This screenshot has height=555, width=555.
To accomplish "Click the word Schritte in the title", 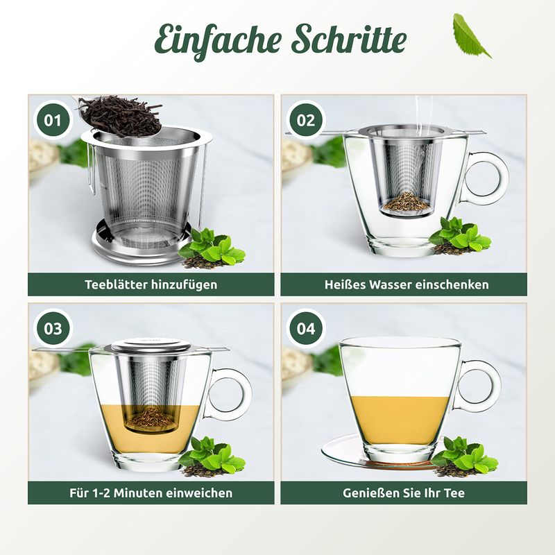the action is tap(349, 38).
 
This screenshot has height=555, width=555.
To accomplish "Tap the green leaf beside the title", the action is tap(471, 35).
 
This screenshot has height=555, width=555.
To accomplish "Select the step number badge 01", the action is tap(53, 120).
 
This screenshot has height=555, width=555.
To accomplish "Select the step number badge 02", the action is tap(306, 120).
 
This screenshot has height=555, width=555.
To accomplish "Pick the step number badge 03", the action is tap(53, 328).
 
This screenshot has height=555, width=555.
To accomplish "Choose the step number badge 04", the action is tap(306, 328).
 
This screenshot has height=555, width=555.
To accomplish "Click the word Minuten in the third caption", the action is tap(138, 493).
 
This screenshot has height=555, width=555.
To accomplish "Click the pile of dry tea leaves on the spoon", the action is tap(119, 116).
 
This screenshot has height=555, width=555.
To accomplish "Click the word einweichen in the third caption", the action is tap(199, 493).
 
